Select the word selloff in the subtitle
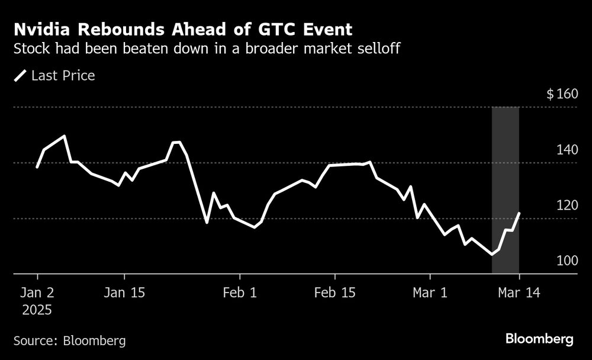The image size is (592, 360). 379,49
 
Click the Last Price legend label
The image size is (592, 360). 63,76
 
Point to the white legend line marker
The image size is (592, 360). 20,76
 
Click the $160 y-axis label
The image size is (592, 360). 561,94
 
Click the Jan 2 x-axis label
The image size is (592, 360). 37,292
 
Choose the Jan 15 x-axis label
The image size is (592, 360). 124,292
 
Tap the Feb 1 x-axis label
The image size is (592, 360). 240,292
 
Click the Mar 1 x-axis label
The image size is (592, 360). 430,292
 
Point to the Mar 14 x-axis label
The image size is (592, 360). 519,292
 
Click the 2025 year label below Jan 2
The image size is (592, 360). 37,310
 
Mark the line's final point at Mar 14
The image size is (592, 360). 519,213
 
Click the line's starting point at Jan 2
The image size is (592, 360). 37,168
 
